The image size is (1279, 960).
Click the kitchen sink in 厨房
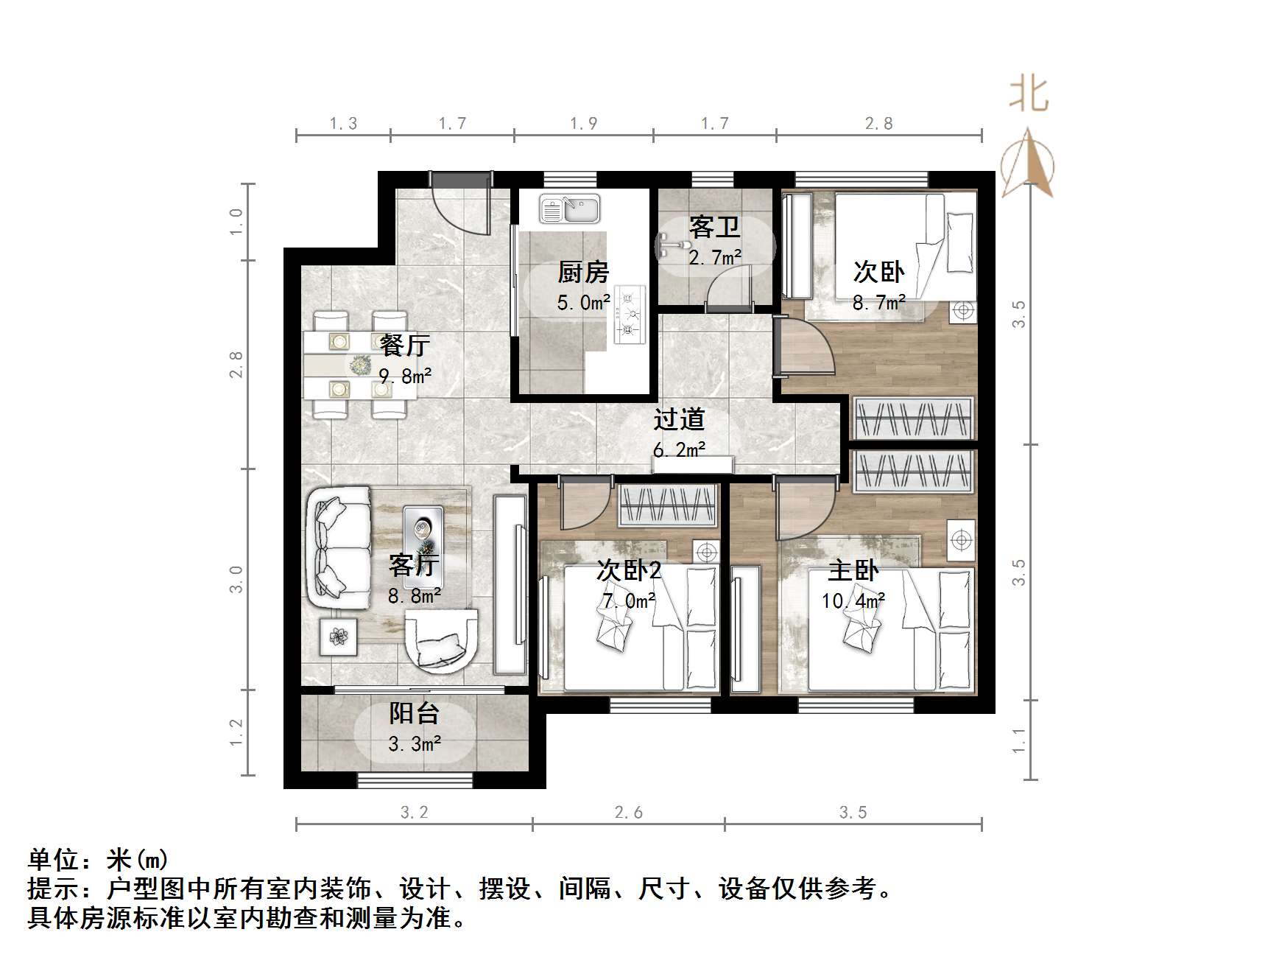point(569,209)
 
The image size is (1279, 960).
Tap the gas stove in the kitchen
point(629,315)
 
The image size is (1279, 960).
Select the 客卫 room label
point(714,227)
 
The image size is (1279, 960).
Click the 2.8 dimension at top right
point(878,124)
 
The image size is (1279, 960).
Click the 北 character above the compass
point(1029,95)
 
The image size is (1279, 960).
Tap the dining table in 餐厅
point(359,365)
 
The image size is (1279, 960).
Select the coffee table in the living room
point(423,536)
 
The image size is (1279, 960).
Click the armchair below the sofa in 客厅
point(441,642)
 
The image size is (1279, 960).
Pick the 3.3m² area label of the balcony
point(415,744)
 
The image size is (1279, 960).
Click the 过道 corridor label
point(679,419)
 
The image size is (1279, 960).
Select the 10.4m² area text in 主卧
point(853,601)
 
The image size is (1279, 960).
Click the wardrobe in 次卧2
point(667,506)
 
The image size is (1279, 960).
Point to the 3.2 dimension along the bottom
point(413,813)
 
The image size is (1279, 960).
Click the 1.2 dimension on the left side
point(236,732)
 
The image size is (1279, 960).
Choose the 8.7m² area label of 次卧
point(878,302)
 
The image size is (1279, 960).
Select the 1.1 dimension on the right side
point(1018,740)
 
